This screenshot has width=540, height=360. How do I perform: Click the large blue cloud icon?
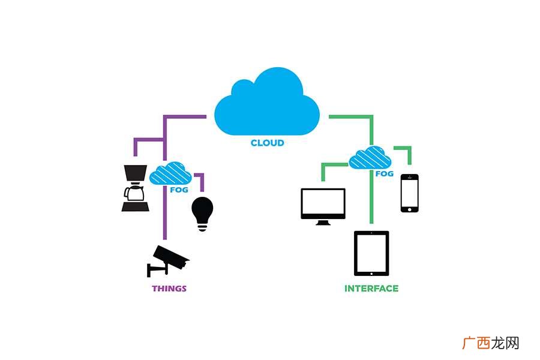pyautogui.click(x=267, y=101)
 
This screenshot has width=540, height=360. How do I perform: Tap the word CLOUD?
pyautogui.click(x=267, y=143)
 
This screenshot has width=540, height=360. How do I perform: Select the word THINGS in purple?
pyautogui.click(x=169, y=289)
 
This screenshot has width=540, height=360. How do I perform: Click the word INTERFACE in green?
pyautogui.click(x=371, y=289)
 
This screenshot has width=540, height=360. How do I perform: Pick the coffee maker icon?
pyautogui.click(x=136, y=188)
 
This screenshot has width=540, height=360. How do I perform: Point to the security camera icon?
pyautogui.click(x=168, y=261)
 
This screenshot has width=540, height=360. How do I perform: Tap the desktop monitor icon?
pyautogui.click(x=323, y=206)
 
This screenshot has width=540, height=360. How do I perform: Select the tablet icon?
pyautogui.click(x=371, y=254)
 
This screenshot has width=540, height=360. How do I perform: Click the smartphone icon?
pyautogui.click(x=409, y=193)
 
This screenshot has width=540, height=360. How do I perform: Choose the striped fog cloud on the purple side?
pyautogui.click(x=170, y=173)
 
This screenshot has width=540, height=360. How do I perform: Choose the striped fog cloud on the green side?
pyautogui.click(x=370, y=157)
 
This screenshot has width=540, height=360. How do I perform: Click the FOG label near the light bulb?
pyautogui.click(x=179, y=190)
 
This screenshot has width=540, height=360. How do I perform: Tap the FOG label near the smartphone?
pyautogui.click(x=385, y=173)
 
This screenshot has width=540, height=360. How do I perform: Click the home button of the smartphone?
pyautogui.click(x=409, y=209)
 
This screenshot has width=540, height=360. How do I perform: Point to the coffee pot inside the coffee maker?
pyautogui.click(x=134, y=193)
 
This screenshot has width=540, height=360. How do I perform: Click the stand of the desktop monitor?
pyautogui.click(x=323, y=223)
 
